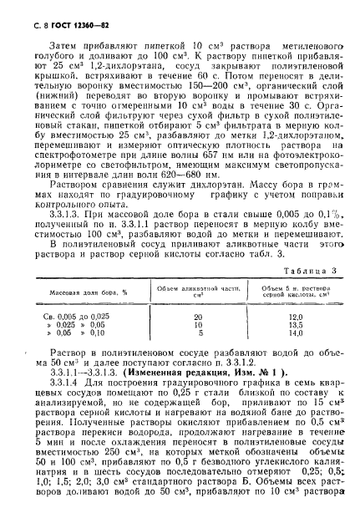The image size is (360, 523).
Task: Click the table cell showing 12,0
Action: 293,317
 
